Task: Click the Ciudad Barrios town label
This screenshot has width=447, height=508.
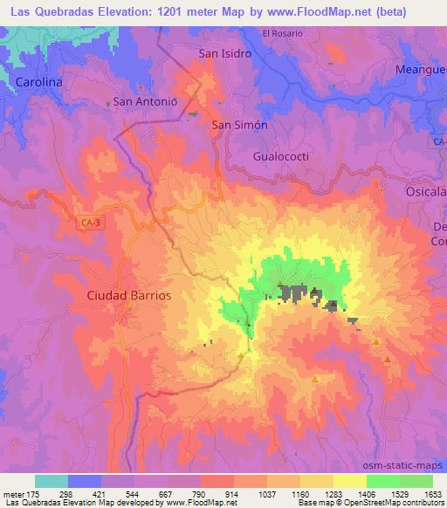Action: coord(128,295)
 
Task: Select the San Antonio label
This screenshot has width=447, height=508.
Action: coord(145,101)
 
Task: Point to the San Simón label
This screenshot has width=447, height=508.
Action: coord(239,125)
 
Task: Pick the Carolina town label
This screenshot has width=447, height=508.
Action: coord(39,82)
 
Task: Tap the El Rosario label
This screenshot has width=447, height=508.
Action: coord(282,33)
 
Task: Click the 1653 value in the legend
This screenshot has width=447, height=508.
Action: coord(432,492)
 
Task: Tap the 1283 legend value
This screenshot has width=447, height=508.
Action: coord(334,492)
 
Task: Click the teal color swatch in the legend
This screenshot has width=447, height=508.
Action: coord(51,481)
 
